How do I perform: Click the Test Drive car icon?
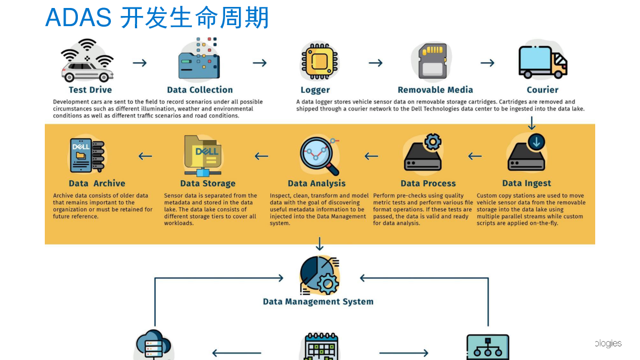coord(87,61)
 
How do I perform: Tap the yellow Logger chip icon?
coord(319,61)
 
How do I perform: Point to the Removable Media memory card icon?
coord(433,61)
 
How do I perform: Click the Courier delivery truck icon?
coord(543,62)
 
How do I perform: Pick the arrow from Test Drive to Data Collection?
coord(140,63)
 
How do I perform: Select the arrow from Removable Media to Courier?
coord(487,63)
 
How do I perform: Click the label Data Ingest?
coord(526,183)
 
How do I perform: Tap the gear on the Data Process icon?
coord(433,142)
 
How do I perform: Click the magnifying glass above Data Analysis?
coord(319,156)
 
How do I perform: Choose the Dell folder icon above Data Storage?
coord(203,156)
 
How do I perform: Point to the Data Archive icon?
coord(87,155)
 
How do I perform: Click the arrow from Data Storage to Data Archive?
coord(145,156)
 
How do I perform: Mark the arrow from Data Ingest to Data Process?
coord(475,156)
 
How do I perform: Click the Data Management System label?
coord(318,301)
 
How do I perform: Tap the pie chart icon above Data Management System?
coord(319,276)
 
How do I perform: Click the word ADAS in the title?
coord(78,18)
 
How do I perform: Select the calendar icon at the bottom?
coord(321,347)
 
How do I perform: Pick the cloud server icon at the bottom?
coord(154,345)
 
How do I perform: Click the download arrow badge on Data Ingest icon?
coord(537,142)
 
